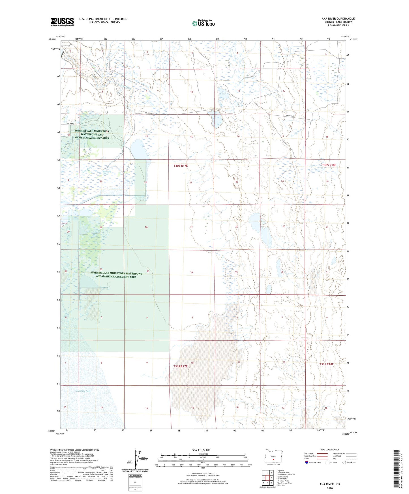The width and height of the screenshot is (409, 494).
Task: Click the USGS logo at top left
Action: coord(62,22)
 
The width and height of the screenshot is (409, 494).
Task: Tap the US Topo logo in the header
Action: coord(203,23)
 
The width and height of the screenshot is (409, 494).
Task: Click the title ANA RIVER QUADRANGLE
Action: coord(338,19)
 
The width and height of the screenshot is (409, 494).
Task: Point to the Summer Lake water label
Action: coord(83,391)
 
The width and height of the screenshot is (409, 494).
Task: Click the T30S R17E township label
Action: coord(181,166)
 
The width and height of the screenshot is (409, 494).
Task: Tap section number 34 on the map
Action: coord(192,272)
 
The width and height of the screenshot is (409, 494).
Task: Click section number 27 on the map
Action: coord(191,227)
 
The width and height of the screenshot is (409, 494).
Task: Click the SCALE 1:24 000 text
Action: coord(201,450)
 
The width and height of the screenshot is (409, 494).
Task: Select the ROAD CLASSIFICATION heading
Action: coord(330,450)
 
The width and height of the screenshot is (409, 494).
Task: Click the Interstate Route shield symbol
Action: coord(307,463)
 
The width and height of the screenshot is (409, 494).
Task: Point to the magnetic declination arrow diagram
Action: coord(138,460)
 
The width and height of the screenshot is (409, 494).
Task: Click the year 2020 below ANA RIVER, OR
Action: coord(330,488)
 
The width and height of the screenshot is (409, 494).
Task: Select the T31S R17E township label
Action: coord(180,366)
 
